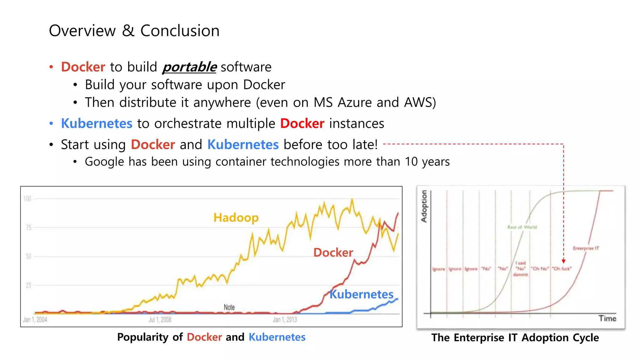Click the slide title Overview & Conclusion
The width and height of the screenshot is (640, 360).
point(134,31)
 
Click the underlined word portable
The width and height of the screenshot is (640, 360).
point(189,67)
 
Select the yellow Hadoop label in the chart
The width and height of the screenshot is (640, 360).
point(236,217)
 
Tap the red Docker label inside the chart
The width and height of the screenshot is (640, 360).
point(333,252)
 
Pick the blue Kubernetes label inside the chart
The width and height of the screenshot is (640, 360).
point(362,294)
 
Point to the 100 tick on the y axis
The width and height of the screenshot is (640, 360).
point(27,199)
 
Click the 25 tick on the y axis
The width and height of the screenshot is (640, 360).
point(28,285)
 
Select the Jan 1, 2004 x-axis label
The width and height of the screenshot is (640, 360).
point(35,319)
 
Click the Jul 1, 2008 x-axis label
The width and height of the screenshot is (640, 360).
point(160,319)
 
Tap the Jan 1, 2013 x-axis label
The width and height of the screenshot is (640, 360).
point(285,319)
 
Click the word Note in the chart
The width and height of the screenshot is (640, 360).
point(229,307)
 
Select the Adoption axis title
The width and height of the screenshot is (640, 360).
point(424,206)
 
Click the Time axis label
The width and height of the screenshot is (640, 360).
point(607,318)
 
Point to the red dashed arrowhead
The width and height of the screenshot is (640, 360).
point(563,261)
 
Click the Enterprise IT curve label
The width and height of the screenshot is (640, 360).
point(586,248)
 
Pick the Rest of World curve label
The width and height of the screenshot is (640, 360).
point(522,227)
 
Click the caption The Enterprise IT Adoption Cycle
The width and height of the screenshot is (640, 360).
point(515,337)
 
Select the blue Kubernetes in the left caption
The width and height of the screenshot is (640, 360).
point(277,337)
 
